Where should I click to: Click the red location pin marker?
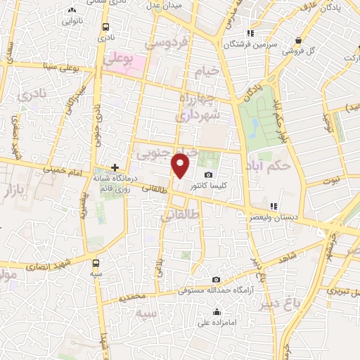pos(181,166)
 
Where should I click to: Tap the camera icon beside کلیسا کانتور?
pos(208,175)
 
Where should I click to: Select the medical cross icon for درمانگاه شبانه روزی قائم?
pos(115,167)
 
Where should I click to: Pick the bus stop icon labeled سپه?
pos(96,262)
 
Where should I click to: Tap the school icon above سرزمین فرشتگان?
pos(250,33)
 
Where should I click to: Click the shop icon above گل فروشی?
pos(300,40)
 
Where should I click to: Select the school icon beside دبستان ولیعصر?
pos(254,205)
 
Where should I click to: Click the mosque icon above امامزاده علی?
pos(217,312)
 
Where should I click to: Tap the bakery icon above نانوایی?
pos(72,11)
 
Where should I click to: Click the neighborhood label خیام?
pos(210,72)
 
